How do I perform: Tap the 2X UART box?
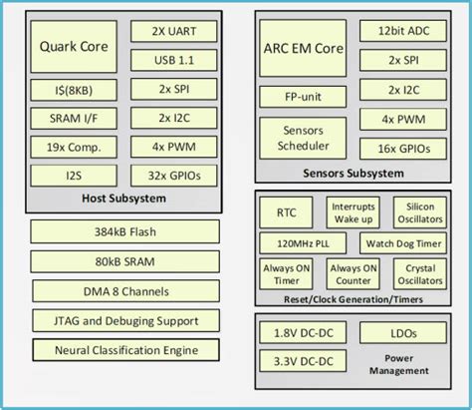pyautogui.click(x=175, y=32)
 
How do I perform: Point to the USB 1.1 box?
pyautogui.click(x=175, y=61)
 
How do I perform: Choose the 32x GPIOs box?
pyautogui.click(x=175, y=176)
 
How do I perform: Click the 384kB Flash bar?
pyautogui.click(x=125, y=233)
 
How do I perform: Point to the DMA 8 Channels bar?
pyautogui.click(x=125, y=291)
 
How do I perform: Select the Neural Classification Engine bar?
pyautogui.click(x=125, y=350)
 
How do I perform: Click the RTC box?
pyautogui.click(x=287, y=211)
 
